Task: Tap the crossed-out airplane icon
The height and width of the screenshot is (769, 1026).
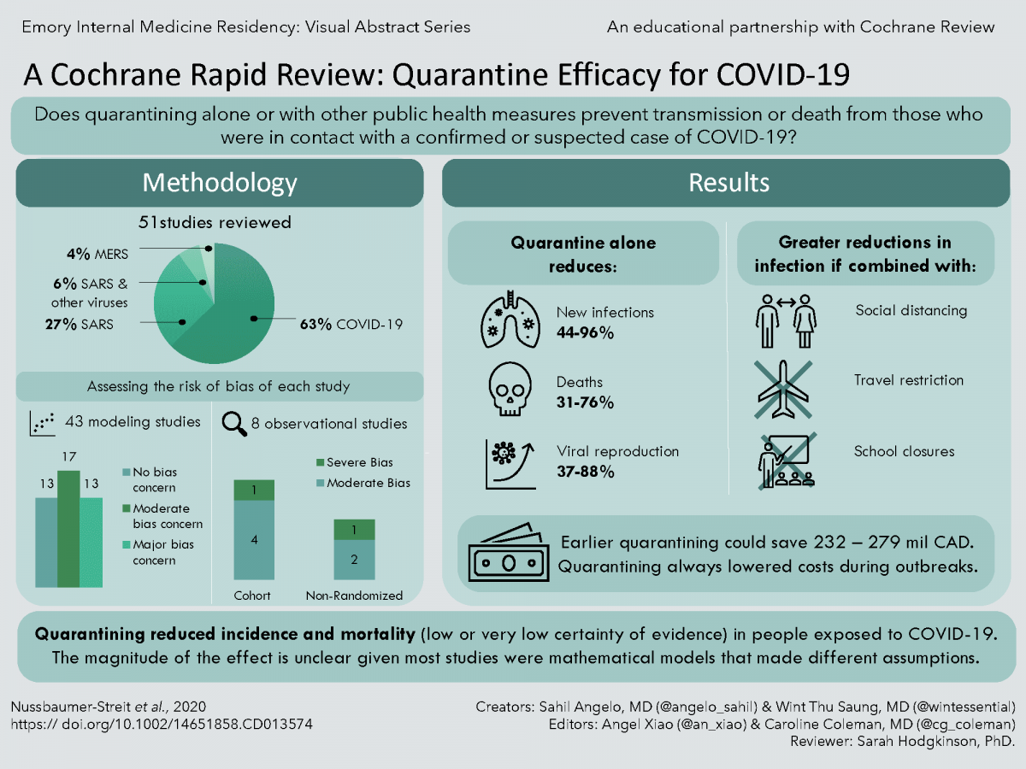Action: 784,389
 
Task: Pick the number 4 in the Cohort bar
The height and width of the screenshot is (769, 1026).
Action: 253,540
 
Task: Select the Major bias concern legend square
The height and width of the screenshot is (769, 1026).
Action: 126,544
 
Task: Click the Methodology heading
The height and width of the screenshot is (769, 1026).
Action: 220,183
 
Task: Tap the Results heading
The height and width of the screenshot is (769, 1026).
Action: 729,183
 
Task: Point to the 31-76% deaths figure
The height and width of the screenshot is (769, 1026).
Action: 586,402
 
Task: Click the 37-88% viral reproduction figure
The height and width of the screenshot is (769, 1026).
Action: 586,471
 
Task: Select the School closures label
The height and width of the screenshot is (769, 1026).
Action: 905,451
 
